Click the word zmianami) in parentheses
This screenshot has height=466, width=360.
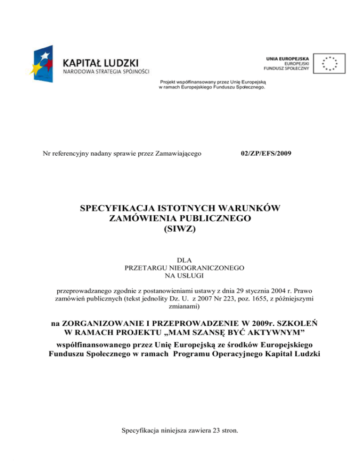coord(180,307)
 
